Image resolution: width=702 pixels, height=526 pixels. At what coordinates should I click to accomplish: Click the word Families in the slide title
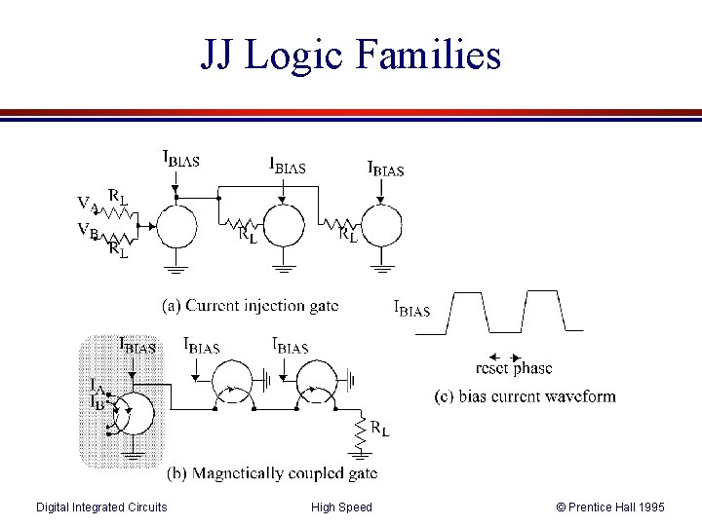(x=428, y=55)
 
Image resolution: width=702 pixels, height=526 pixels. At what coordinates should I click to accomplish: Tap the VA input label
(x=88, y=204)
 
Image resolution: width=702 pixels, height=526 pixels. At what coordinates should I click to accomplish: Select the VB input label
(x=88, y=232)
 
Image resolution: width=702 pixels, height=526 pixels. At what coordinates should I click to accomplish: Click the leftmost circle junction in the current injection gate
(x=176, y=226)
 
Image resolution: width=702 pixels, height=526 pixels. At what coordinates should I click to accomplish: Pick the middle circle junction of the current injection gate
(x=283, y=225)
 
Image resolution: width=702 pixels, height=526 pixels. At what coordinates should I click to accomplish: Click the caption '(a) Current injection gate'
(x=252, y=306)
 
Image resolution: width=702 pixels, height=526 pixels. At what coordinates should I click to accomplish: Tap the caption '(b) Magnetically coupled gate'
(x=272, y=473)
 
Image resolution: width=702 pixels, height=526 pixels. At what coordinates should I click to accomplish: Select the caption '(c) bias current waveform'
(x=525, y=395)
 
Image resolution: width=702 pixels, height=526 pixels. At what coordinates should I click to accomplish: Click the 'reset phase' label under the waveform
(x=513, y=368)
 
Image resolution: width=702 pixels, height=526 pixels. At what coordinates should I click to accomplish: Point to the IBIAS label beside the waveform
(x=411, y=309)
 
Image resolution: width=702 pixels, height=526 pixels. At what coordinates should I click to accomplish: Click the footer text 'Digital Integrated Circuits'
(x=101, y=507)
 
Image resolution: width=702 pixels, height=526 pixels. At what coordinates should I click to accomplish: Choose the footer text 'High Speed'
(x=341, y=507)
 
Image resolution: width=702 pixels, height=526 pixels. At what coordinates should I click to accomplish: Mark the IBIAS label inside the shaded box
(x=136, y=345)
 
